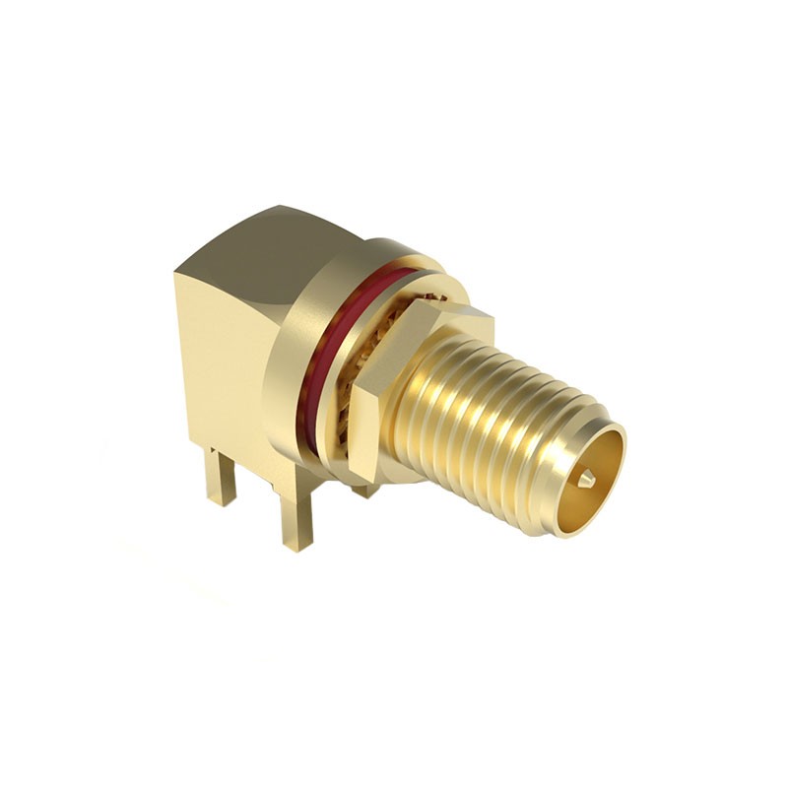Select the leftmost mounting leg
[x=220, y=478]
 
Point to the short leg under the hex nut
[x=364, y=489]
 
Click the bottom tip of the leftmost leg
[x=221, y=502]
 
